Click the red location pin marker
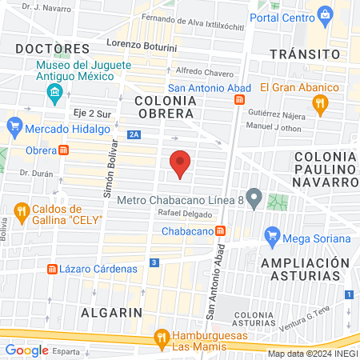181,164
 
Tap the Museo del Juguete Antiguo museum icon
54,94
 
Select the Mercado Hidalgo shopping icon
14,126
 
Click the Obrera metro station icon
63,150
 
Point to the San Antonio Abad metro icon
239,99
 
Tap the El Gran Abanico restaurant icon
320,102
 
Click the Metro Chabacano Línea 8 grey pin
254,197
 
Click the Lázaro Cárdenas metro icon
53,269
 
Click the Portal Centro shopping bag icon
325,14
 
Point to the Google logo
26,350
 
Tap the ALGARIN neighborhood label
110,311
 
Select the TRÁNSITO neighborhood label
299,53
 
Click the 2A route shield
133,135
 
